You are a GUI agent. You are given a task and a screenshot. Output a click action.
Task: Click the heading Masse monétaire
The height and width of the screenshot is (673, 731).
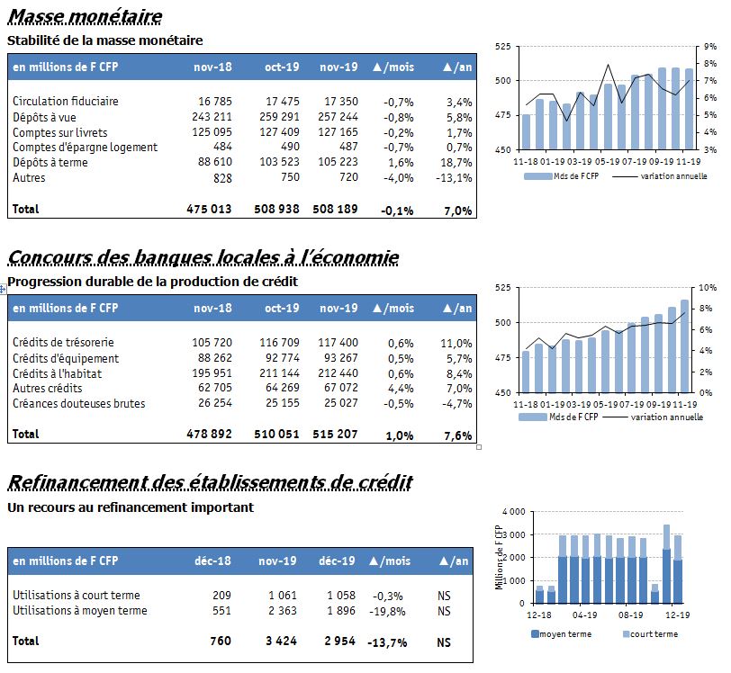coord(86,17)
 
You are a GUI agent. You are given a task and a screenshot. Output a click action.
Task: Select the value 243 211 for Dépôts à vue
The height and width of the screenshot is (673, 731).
coord(212,117)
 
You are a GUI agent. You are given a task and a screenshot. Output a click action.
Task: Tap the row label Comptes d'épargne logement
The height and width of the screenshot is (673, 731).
coord(85,148)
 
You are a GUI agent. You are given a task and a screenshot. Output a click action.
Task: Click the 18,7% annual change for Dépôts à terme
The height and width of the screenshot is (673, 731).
coord(456,163)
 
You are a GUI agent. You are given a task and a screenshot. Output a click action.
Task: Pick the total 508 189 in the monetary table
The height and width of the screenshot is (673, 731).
coord(335,210)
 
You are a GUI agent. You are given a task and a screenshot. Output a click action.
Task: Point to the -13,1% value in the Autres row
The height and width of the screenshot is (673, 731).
coord(454,178)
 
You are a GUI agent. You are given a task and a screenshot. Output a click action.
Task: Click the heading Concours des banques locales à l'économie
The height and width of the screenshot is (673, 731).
coord(203,257)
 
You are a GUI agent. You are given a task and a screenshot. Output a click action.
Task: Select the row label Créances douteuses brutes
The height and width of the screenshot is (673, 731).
coord(79,404)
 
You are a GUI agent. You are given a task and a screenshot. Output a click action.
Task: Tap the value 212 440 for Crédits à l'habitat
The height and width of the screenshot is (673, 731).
coord(338,373)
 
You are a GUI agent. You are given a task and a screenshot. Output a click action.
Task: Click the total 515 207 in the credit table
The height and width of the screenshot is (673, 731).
coord(335,435)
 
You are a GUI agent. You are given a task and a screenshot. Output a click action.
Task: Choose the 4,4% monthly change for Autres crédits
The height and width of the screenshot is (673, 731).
coord(401,389)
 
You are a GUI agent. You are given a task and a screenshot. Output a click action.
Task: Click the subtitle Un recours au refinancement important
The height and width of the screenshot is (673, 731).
coord(131,507)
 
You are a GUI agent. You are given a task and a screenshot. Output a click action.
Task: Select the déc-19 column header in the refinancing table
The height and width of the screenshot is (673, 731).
coord(337,561)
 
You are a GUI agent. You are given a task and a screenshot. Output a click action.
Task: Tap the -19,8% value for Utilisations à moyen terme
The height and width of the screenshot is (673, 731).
coord(387,612)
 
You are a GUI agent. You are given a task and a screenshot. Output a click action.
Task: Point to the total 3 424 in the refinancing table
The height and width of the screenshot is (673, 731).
coord(281,642)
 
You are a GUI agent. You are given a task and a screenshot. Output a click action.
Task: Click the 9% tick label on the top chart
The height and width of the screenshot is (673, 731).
coord(710,47)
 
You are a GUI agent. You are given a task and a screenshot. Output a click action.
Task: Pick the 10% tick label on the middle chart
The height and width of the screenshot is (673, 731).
coord(708,288)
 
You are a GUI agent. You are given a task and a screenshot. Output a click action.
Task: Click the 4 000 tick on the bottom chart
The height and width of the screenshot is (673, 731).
coord(514,512)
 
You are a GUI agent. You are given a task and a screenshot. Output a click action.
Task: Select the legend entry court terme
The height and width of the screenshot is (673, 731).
coord(650,634)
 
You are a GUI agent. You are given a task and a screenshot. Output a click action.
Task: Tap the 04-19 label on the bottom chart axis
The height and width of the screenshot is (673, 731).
coord(584,615)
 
